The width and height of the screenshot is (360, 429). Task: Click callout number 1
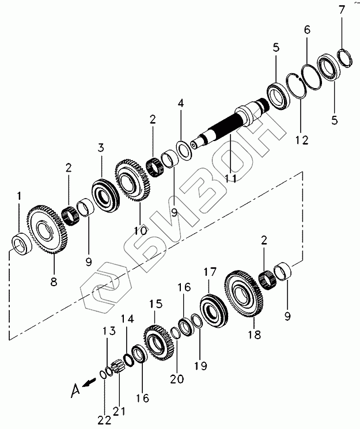tap(19, 196)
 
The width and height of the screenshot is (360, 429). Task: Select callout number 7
tap(342, 9)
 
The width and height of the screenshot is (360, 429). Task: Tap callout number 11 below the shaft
tap(231, 178)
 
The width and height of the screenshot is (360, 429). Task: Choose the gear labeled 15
tap(159, 343)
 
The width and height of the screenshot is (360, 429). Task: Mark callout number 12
tap(302, 139)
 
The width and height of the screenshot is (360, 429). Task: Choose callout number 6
tap(307, 29)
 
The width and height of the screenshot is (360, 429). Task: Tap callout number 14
tap(128, 318)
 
